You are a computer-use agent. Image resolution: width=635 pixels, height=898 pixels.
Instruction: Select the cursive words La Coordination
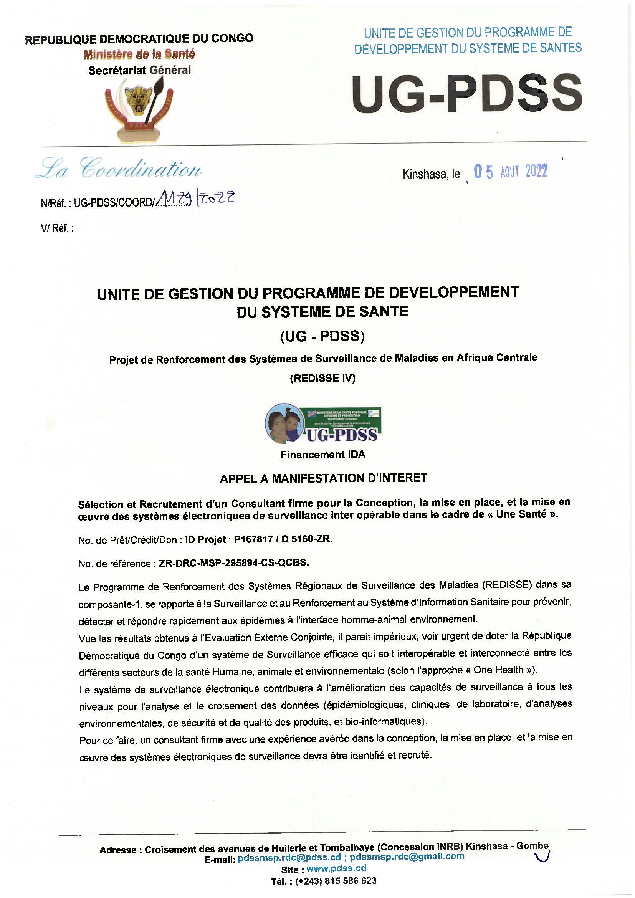[x=119, y=169]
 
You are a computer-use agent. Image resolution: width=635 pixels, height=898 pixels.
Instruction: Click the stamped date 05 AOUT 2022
[x=510, y=172]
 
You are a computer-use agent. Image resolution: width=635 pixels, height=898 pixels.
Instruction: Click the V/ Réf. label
[x=57, y=228]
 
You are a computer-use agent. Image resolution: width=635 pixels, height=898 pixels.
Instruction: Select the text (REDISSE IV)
[x=322, y=379]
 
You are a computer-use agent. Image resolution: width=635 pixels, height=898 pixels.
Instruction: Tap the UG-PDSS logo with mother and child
[x=323, y=425]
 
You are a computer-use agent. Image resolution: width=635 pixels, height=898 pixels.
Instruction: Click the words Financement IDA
[x=323, y=455]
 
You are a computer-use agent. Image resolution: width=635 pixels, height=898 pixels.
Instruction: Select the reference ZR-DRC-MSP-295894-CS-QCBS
[x=233, y=563]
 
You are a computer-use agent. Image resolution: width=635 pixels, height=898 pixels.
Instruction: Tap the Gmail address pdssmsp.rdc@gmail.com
[x=407, y=857]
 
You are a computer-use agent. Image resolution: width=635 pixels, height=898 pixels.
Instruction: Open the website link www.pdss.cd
[x=336, y=868]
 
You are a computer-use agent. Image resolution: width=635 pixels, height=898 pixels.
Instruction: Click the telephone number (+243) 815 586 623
[x=336, y=881]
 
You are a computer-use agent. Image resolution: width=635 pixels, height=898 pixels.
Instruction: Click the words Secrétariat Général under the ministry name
[x=140, y=70]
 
